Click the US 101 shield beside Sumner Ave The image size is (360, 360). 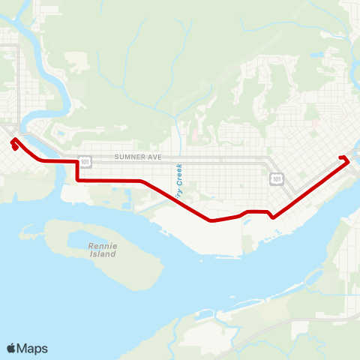tap(84, 160)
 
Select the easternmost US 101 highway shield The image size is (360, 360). tap(277, 178)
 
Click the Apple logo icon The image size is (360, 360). tap(12, 348)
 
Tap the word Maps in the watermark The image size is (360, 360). tap(32, 348)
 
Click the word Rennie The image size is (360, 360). tap(103, 245)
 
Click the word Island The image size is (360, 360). tap(103, 254)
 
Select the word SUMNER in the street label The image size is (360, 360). tap(128, 157)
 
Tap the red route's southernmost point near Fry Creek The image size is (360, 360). tap(211, 220)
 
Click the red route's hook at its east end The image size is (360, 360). tap(344, 157)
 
